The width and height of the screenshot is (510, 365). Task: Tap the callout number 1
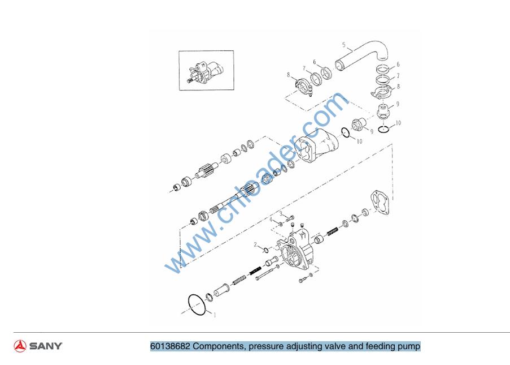(215, 315)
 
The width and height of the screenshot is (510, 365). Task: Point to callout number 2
(256, 244)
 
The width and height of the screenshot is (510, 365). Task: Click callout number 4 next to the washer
(271, 220)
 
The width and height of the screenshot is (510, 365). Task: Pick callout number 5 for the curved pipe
(344, 45)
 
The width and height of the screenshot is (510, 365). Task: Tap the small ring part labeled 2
(266, 250)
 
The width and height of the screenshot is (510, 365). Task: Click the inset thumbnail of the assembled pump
(206, 70)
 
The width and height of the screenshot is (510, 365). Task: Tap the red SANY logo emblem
(20, 346)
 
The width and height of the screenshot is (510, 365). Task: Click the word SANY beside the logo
(46, 346)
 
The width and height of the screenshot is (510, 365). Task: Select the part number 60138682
(170, 346)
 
